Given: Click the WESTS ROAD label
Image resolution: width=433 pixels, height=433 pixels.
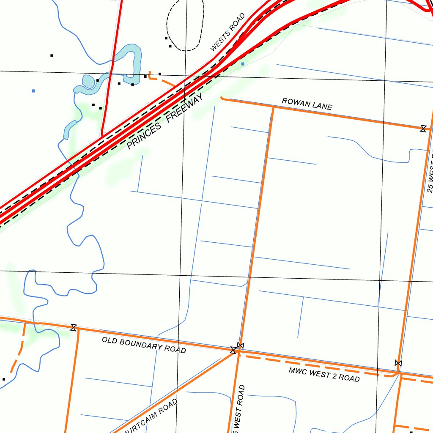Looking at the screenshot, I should pos(228,33).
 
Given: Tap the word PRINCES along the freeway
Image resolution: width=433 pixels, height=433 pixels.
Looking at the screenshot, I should pos(144,135).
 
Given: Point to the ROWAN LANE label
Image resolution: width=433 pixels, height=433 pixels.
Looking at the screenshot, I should pos(307,104).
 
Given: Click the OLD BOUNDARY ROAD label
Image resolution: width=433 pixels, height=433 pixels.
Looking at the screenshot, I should pos(144,345).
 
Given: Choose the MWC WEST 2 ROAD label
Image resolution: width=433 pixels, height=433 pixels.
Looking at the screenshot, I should pos(324,375).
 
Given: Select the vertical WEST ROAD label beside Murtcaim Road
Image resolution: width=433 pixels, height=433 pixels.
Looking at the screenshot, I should pos(240,408).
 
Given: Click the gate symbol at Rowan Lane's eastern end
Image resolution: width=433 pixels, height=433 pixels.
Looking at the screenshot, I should pos(423,129).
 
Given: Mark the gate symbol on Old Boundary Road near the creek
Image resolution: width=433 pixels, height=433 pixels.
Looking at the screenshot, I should pos(74,327).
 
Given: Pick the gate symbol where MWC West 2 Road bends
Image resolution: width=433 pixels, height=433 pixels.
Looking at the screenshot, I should pos(398,363).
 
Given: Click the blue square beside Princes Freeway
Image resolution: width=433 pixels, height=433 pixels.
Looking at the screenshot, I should pos(243,64).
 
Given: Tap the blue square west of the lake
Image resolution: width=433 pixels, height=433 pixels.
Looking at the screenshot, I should pos(33,90).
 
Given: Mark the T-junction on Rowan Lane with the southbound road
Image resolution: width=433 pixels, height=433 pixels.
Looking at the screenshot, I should pos(273,108).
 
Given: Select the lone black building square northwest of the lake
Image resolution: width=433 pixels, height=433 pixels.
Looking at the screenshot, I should pos(52,55).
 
